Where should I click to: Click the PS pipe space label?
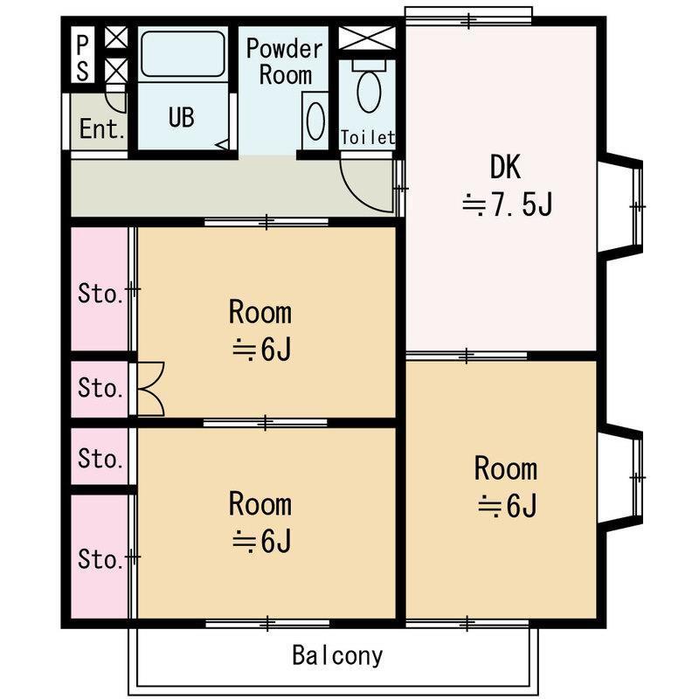point(83,58)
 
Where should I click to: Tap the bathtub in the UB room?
point(183,53)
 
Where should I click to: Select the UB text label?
point(182,117)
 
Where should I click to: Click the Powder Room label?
point(285,62)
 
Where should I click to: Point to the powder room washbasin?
point(315,121)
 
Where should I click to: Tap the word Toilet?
point(368,138)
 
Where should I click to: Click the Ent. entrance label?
point(101,128)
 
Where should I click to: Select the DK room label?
point(505,167)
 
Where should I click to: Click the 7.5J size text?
point(508,204)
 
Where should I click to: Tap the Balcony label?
point(337,656)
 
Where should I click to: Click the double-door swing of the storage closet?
point(151,389)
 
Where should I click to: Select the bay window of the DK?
point(620,206)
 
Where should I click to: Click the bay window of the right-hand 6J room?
point(620,477)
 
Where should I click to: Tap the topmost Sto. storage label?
point(100,294)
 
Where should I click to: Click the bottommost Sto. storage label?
point(100,559)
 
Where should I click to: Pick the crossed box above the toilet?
point(367,38)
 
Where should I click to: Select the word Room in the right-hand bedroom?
point(506,468)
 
